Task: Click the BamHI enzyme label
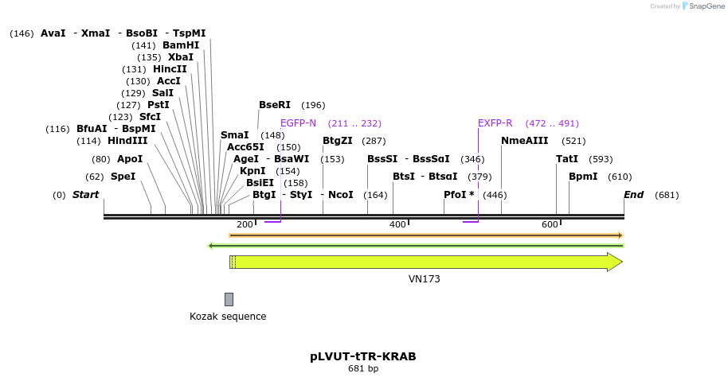coord(181,45)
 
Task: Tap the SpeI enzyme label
coord(123,177)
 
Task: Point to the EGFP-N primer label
coord(298,123)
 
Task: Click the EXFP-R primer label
coord(495,123)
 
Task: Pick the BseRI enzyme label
coord(275,105)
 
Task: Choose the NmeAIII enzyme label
coord(525,141)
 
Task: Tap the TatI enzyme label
coord(567,159)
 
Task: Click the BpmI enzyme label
coord(583,177)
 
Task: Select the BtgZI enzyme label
coord(338,141)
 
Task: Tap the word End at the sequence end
coord(633,195)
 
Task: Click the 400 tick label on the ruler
coord(397,224)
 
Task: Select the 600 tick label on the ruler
coord(550,224)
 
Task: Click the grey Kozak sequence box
coord(229,299)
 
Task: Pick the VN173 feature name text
coord(424,279)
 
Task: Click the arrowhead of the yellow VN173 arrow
coord(614,262)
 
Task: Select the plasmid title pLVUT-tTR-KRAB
coord(363,356)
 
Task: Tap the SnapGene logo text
coord(705,6)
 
